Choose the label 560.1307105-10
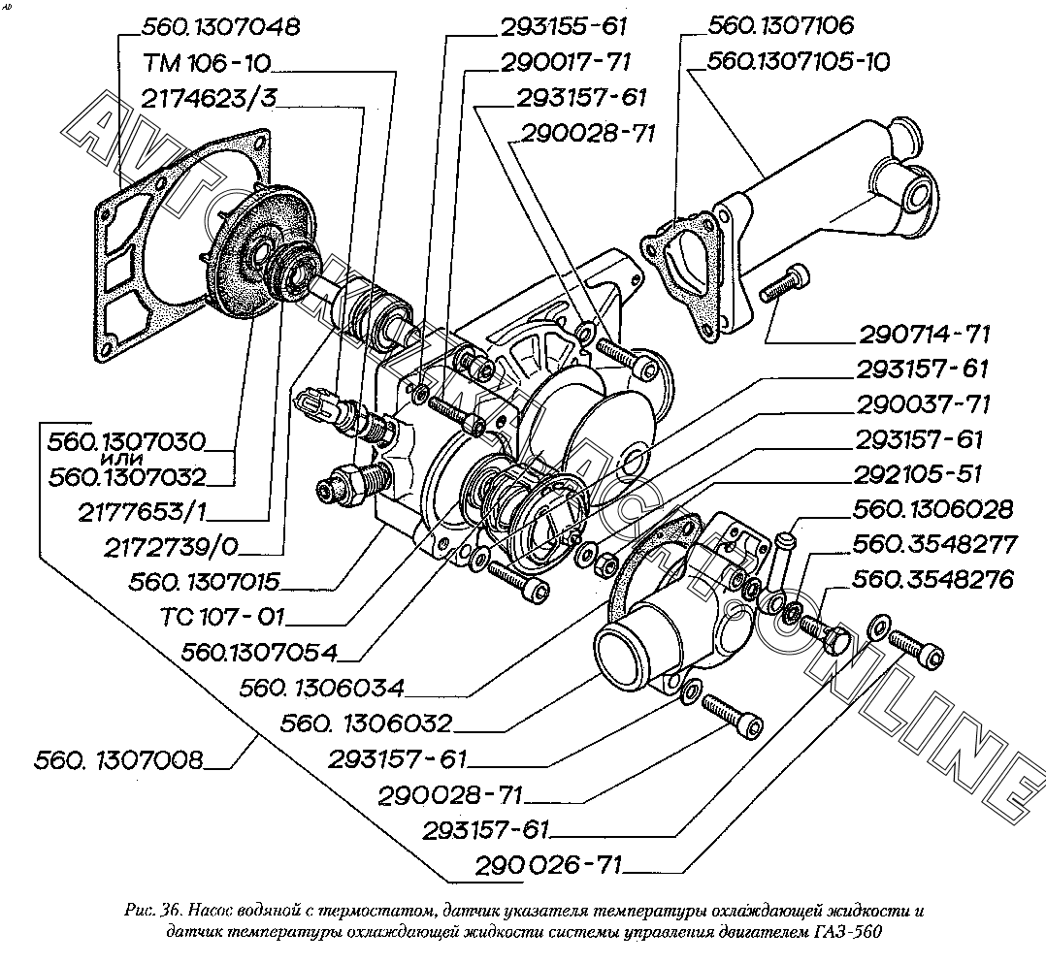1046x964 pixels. click(x=798, y=61)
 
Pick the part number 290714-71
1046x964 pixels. click(x=924, y=335)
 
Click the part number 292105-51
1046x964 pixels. click(x=918, y=474)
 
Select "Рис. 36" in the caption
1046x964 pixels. click(x=151, y=910)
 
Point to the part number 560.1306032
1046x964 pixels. click(x=365, y=723)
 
